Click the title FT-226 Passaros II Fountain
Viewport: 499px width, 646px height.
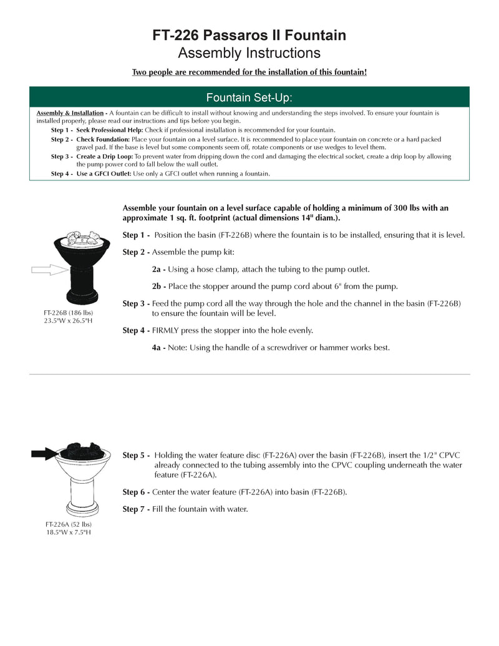click(249, 36)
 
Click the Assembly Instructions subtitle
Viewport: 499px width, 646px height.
click(249, 52)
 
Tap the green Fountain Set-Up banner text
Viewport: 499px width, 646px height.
click(249, 97)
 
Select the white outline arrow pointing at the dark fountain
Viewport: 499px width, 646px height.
click(50, 269)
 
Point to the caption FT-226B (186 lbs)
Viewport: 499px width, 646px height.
click(69, 311)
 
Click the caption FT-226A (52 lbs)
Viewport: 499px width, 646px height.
click(69, 524)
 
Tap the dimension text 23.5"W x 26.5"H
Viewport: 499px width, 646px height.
click(69, 320)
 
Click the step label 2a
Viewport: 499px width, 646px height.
click(158, 269)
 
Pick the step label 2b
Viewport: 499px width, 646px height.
click(158, 286)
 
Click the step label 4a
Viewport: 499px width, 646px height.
click(158, 347)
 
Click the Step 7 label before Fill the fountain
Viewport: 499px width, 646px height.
click(135, 509)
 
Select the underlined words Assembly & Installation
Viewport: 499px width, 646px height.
click(70, 113)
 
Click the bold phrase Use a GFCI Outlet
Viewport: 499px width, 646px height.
click(104, 174)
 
